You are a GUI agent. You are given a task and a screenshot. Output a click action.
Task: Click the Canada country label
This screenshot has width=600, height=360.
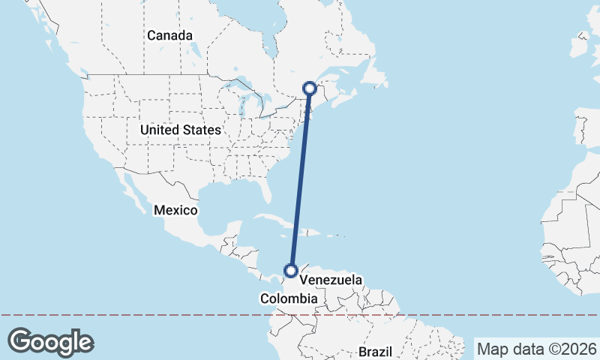tap(169, 35)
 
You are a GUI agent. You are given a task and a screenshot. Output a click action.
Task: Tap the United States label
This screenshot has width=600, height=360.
tap(181, 130)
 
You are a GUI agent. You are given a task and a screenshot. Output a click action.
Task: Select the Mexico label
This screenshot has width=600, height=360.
tap(175, 210)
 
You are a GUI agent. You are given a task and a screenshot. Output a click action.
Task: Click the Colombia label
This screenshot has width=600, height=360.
tap(289, 298)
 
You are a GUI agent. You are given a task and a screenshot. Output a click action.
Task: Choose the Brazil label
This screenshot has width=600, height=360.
tap(376, 351)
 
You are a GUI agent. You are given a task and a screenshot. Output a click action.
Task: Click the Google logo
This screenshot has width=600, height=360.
tap(50, 341)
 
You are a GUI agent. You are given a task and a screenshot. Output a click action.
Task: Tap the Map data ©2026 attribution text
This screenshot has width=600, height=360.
tap(535, 349)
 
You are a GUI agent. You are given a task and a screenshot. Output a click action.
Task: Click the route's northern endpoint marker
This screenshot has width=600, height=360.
tap(309, 88)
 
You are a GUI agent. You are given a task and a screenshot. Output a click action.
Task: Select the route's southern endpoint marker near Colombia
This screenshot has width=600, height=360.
tap(291, 271)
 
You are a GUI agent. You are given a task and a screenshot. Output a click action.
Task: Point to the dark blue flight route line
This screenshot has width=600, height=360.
tap(300, 180)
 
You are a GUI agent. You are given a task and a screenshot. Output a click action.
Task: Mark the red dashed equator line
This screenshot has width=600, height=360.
tap(150, 315)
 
